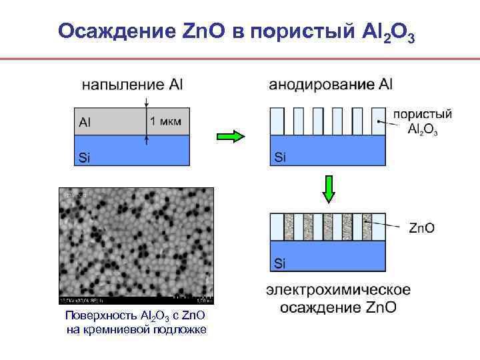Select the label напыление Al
tap(133, 85)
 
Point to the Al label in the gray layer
tap(85, 122)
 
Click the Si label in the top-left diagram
tap(85, 157)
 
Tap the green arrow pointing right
tap(231, 137)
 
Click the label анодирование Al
tap(331, 85)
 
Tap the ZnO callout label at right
tap(421, 228)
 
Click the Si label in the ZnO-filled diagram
tap(280, 263)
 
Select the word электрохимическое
tap(338, 290)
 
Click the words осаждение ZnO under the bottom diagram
tap(338, 307)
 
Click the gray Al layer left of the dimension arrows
tap(110, 121)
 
